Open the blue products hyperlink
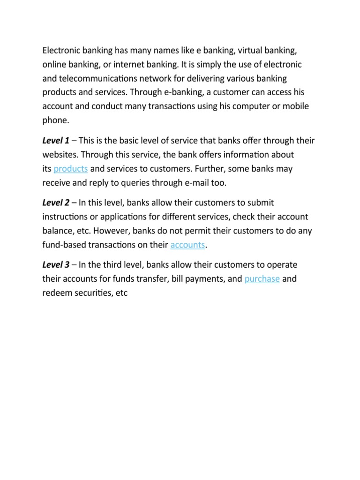[71, 168]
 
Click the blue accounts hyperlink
[188, 245]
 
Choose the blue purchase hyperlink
[262, 279]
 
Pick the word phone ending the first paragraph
[55, 120]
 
